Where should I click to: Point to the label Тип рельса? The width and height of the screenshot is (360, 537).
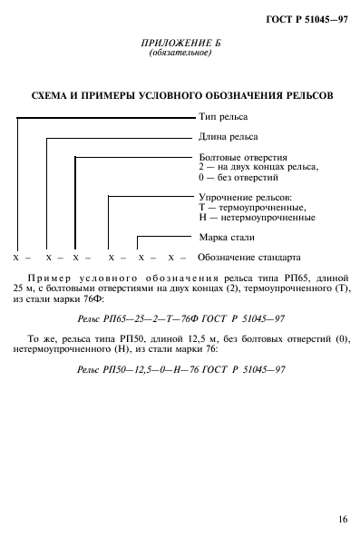pos(223,117)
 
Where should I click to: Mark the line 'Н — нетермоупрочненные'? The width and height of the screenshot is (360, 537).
pos(256,217)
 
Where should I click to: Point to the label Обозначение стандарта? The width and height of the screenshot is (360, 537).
pos(248,258)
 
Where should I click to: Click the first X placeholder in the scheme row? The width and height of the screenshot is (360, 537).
pos(17,258)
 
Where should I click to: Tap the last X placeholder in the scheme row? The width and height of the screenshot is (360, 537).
pos(169,258)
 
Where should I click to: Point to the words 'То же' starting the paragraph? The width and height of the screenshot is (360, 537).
pos(38,338)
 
